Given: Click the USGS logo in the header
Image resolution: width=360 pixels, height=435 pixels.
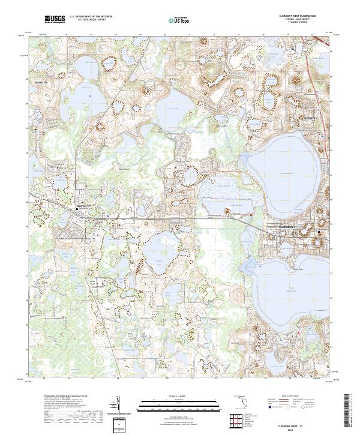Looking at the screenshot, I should [55, 20].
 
